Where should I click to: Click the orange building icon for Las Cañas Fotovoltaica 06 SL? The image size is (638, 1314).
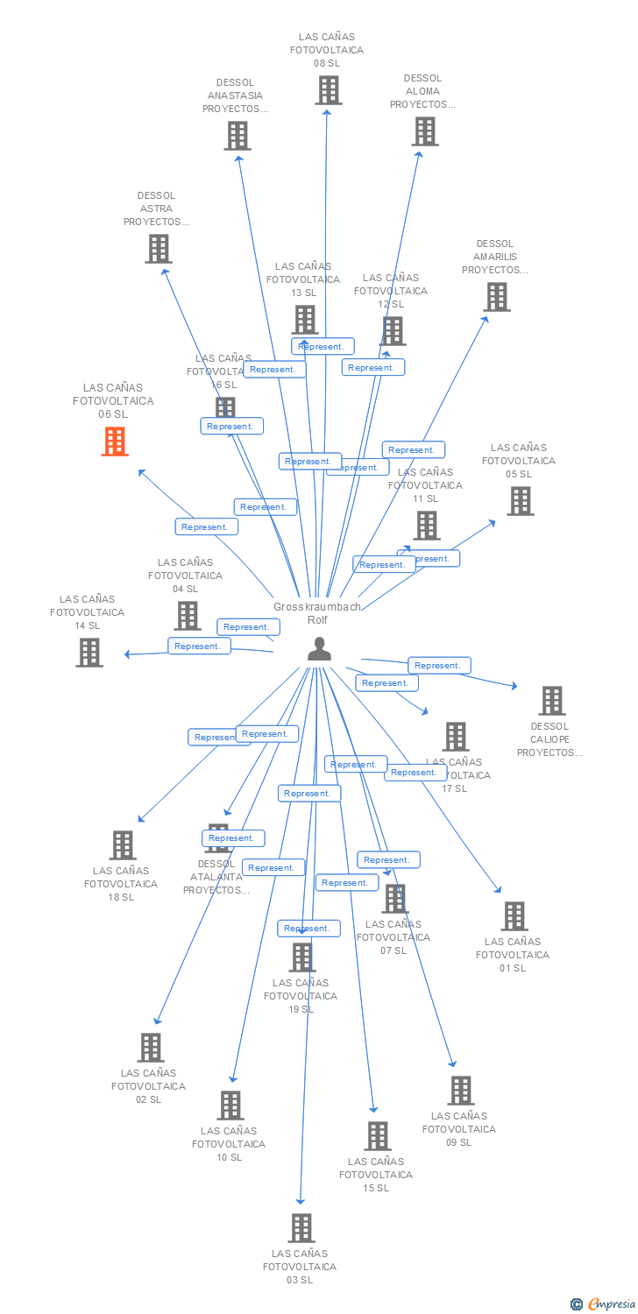pos(115,442)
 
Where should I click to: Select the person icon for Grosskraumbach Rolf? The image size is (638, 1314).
pos(320,649)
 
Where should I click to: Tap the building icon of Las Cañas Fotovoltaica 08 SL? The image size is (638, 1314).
pos(329,90)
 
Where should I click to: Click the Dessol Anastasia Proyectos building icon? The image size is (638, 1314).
pos(237,136)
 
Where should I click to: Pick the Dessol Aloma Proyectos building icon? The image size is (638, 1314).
pos(425,131)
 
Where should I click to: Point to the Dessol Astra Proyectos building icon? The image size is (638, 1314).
pos(158,249)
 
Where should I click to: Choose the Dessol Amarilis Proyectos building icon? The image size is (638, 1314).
pos(497,297)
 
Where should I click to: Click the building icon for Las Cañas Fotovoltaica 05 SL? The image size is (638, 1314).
pos(521,501)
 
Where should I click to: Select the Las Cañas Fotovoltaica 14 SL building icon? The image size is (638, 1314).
pos(89,653)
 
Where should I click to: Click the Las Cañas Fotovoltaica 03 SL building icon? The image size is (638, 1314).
pos(301,1228)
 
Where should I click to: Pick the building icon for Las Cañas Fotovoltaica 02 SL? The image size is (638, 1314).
pos(151,1048)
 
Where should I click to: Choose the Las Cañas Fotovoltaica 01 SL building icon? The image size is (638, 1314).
pos(514,916)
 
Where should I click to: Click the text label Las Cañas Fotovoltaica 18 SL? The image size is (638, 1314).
pos(121,884)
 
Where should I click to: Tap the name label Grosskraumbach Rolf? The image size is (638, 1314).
pos(317,613)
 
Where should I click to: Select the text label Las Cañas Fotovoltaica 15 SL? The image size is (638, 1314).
pos(376,1175)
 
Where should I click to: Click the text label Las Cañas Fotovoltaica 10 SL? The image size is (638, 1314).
pos(229,1144)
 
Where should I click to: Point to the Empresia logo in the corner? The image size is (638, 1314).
pos(604,1304)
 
